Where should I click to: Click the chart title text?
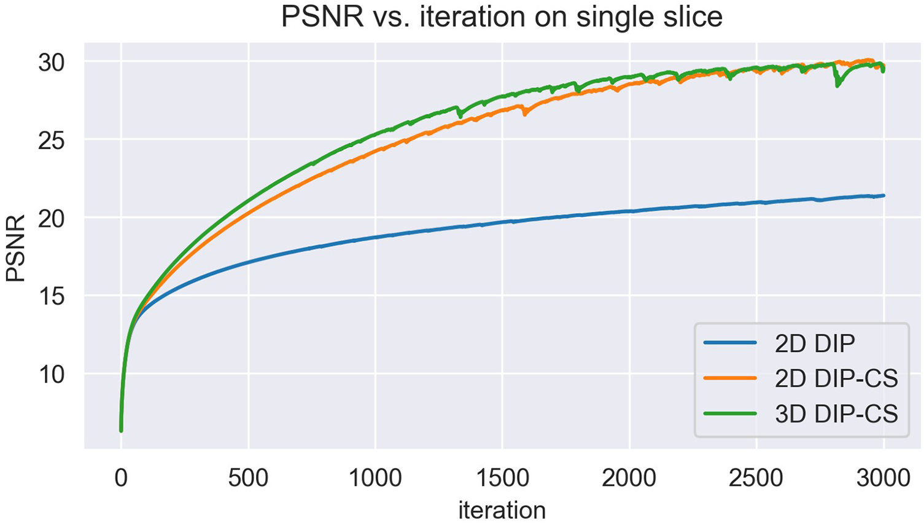click(502, 17)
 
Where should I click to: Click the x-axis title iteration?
click(502, 510)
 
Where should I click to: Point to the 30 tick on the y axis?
click(52, 62)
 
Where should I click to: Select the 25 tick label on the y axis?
click(52, 141)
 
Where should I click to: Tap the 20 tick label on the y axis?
click(52, 218)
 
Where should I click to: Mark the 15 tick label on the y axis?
click(52, 296)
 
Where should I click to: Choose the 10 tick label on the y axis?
click(52, 374)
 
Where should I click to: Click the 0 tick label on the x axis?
click(121, 478)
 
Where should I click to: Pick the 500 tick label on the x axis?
click(248, 478)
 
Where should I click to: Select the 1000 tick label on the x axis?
click(375, 478)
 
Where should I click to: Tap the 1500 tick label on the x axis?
click(502, 478)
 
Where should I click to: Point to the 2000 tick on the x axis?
click(629, 478)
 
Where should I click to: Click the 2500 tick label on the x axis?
click(756, 478)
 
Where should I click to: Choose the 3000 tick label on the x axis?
click(883, 478)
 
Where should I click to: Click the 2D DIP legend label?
click(815, 344)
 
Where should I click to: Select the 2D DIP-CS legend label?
click(836, 378)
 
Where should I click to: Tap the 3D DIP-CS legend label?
click(836, 413)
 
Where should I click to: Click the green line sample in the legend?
click(730, 413)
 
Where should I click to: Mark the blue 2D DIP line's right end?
click(883, 195)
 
